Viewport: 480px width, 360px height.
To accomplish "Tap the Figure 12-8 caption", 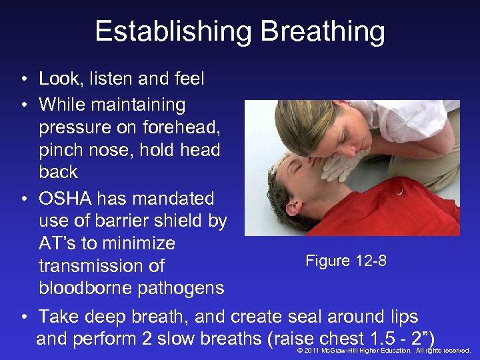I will pos(345,261).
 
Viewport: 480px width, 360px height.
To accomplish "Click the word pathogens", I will pos(181,288).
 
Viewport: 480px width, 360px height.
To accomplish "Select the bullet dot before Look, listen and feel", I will pos(23,79).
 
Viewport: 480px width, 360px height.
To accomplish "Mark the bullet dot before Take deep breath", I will pos(23,317).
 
